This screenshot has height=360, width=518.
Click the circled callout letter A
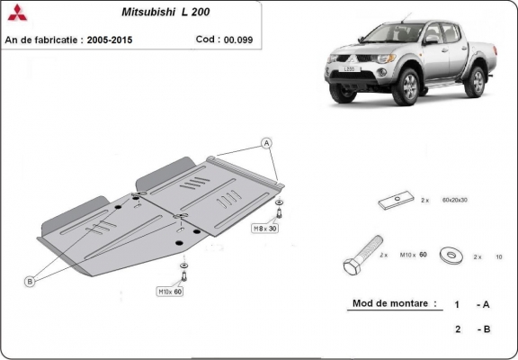click(266, 144)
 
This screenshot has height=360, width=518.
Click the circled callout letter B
click(29, 282)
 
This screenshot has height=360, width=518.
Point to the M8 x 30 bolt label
click(267, 229)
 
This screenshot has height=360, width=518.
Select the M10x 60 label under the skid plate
click(171, 292)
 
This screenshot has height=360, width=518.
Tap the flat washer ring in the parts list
click(450, 256)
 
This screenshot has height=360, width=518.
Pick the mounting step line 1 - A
click(472, 305)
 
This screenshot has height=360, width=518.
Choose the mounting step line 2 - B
click(472, 329)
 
